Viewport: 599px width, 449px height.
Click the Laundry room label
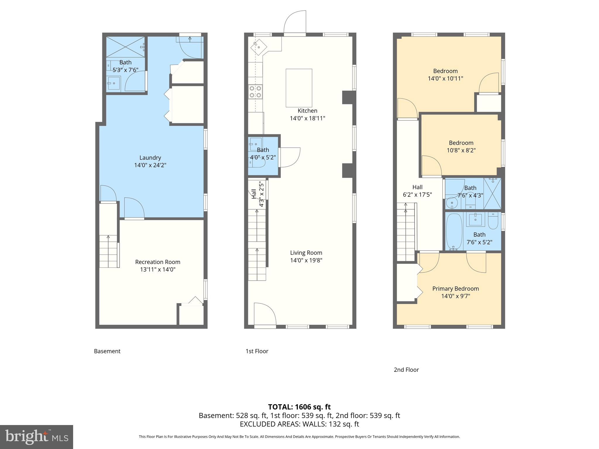coord(150,158)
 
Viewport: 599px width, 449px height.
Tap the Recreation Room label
coord(158,262)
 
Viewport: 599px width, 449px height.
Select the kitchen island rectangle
coord(299,88)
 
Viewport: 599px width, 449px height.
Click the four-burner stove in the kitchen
coord(255,91)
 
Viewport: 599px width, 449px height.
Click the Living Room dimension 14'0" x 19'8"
coord(306,260)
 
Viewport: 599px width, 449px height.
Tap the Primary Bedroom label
coord(455,289)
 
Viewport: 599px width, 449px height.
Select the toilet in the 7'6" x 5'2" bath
coord(493,221)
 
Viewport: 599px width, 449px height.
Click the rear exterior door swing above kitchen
coord(295,23)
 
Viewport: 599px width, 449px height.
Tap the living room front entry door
coord(264,315)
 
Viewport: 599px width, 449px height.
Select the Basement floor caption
coord(107,351)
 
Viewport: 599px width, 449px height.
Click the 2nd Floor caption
coord(406,370)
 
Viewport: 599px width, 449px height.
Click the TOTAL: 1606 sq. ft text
coord(299,407)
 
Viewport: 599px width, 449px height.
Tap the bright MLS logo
coord(36,437)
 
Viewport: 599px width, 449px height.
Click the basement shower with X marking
coord(125,47)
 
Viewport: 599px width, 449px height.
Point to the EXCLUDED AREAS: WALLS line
coord(299,424)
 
